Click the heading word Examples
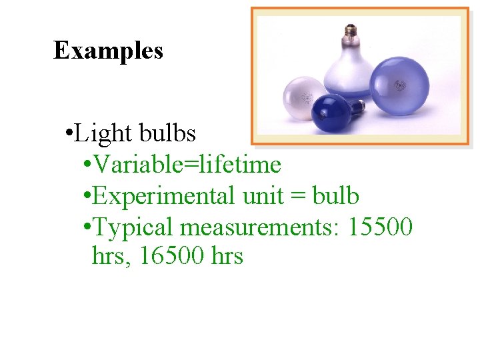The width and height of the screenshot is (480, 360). (108, 50)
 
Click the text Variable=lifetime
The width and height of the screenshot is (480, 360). (187, 164)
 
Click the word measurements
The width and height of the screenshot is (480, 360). (260, 227)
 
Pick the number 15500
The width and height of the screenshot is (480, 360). (380, 227)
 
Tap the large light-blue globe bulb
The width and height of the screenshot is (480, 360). (401, 87)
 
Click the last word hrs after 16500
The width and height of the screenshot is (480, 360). (226, 256)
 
